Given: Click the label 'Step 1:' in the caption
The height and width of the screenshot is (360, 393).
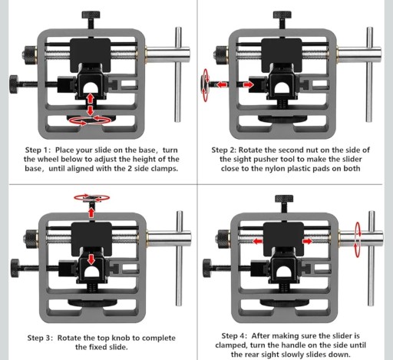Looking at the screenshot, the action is click(38, 150).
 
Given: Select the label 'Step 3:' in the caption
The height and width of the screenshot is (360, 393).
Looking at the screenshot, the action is click(40, 338).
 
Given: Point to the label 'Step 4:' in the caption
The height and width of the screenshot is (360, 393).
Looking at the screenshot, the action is click(234, 335).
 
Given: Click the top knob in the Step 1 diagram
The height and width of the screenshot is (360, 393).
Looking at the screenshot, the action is click(91, 15).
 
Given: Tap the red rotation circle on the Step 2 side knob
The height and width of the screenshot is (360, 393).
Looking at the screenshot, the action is click(205, 85).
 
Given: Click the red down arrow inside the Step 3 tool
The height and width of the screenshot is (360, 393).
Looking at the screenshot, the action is click(91, 259).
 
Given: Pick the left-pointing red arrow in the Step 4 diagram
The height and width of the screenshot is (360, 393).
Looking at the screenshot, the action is click(258, 241).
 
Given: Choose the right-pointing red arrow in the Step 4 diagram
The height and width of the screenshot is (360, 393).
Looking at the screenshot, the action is click(307, 241).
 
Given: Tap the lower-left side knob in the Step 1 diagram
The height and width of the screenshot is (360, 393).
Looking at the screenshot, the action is click(14, 84).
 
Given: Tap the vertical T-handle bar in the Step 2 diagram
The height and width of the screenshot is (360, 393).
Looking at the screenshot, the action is click(369, 74).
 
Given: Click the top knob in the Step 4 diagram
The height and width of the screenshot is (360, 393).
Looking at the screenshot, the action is click(284, 199).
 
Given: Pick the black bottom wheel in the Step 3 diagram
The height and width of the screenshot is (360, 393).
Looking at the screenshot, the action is click(92, 303).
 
